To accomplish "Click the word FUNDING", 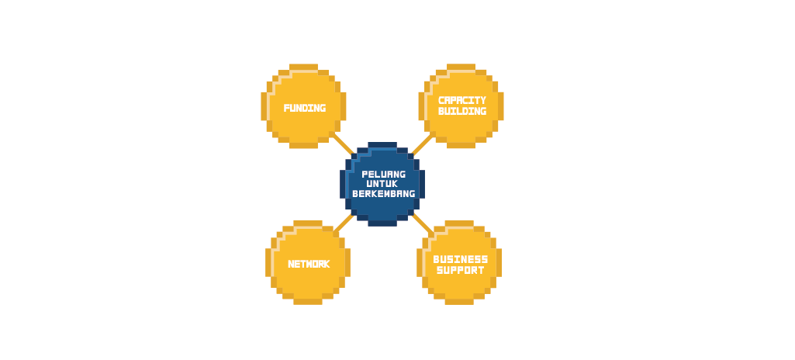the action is (304, 108).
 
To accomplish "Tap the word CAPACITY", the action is (462, 100).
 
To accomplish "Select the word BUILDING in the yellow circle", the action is (462, 111).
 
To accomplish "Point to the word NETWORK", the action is (309, 264).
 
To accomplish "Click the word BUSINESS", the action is (461, 260).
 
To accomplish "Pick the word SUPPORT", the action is (461, 270).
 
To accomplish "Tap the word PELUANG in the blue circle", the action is (384, 174).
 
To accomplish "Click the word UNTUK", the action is (382, 184).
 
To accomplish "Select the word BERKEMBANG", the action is (384, 194).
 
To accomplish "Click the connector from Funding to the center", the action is (344, 144).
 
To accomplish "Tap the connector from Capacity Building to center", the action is (423, 144).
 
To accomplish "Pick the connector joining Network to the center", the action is (344, 223).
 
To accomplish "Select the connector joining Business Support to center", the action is (423, 223).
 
